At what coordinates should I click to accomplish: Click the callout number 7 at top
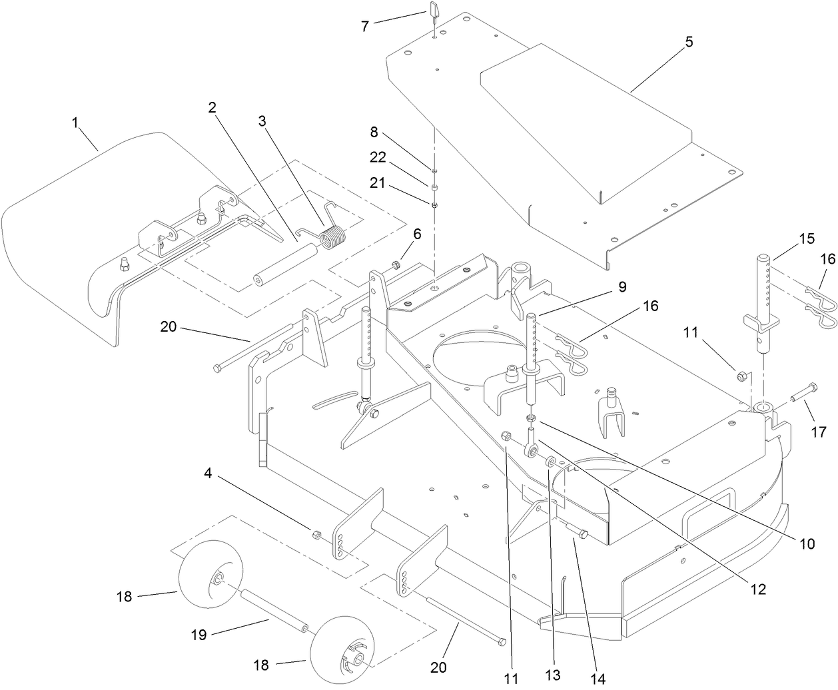[364, 27]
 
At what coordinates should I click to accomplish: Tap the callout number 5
[689, 42]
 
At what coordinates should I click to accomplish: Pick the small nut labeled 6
[396, 265]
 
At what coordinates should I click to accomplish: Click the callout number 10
[807, 543]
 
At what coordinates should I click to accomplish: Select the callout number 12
[758, 589]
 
